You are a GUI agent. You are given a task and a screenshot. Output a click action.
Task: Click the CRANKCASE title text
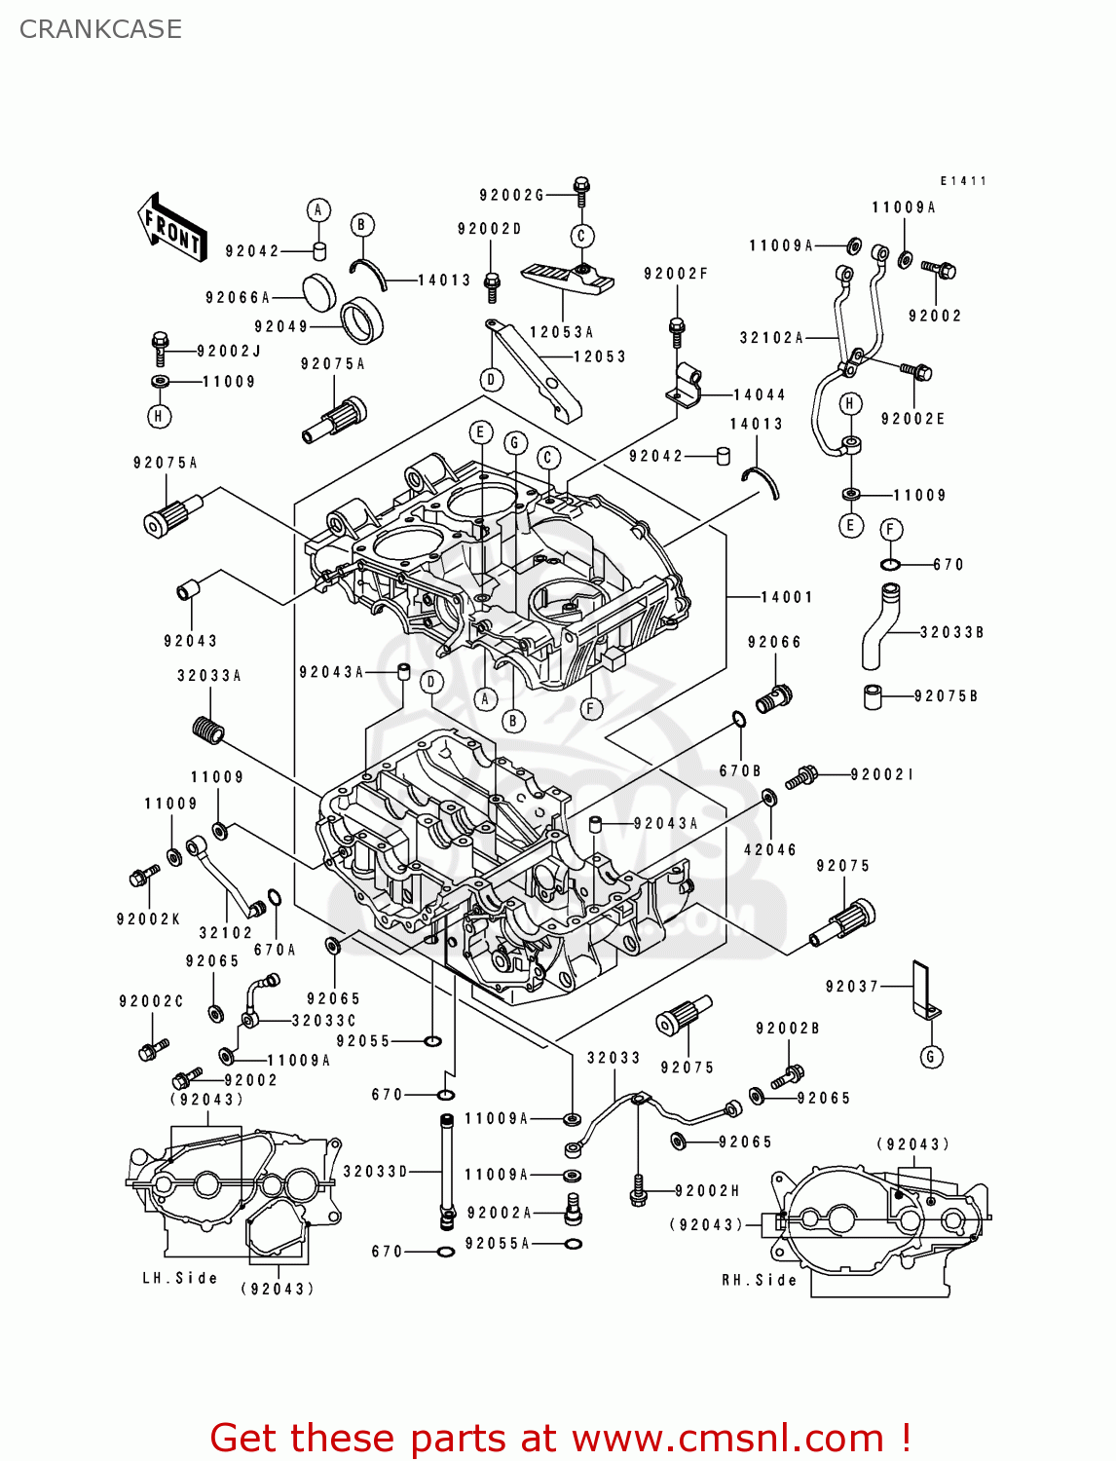100,29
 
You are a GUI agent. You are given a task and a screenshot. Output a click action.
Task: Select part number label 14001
786,597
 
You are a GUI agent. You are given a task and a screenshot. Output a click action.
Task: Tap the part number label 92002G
511,195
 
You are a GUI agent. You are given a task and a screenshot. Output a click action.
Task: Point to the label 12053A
561,332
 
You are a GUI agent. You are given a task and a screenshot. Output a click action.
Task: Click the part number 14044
759,394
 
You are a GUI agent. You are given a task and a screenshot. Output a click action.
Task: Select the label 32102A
771,338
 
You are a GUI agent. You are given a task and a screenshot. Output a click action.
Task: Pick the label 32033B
951,632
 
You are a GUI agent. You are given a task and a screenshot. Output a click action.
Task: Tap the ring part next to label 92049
361,318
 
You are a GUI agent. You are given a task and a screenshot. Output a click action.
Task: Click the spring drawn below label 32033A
207,730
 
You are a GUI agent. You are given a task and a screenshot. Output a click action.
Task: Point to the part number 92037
851,987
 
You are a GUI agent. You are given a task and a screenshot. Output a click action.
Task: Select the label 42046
769,849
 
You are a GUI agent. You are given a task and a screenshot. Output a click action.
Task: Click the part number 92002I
882,774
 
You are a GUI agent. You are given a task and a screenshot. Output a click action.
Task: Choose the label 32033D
375,1171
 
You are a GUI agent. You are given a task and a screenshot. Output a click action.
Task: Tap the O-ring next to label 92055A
574,1244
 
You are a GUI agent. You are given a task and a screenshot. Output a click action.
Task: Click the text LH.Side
179,1278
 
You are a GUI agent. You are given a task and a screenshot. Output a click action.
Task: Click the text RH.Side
759,1280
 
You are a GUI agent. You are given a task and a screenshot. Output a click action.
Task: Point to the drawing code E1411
963,181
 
